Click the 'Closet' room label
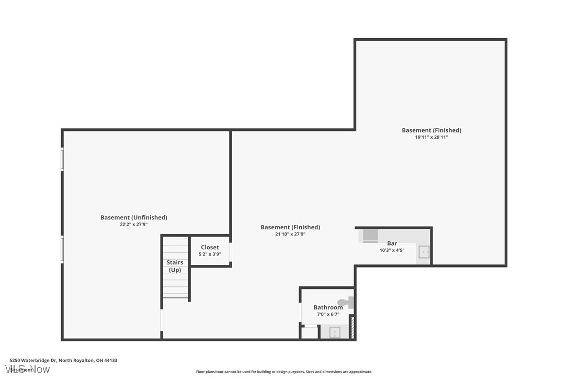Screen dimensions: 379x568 pos(210,247)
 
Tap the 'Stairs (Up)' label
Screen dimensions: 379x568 pos(175,266)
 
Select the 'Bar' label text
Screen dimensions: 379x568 pos(392,243)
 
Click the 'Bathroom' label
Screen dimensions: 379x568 pos(328,307)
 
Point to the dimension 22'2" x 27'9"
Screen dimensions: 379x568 pos(133,224)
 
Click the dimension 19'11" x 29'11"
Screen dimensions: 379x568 pos(431,137)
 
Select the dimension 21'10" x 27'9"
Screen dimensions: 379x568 pos(290,234)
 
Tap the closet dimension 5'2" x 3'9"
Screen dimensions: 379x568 pos(210,254)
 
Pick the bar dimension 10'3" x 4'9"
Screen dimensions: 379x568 pos(392,250)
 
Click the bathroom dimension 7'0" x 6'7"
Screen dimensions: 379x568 pos(328,314)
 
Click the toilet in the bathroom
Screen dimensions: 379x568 pos(346,303)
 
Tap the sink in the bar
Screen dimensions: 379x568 pos(424,252)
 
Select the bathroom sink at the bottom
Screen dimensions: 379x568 pos(335,332)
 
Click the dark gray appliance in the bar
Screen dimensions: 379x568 pos(370,235)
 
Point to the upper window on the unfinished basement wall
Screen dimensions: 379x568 pos(62,159)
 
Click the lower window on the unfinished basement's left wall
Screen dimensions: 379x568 pos(62,249)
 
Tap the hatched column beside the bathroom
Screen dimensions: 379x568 pos(352,327)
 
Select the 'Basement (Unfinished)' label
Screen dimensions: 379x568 pos(133,217)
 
